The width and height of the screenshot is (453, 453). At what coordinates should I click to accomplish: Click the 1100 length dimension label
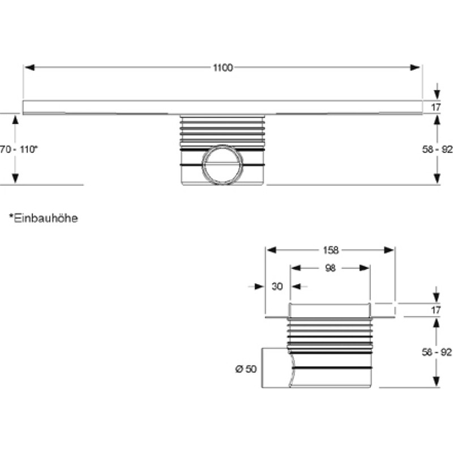(223, 67)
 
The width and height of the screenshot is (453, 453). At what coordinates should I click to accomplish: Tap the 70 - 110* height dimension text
(19, 149)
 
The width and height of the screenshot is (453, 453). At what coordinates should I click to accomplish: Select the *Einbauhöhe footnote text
(44, 218)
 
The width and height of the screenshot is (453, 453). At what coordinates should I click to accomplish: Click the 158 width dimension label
(331, 250)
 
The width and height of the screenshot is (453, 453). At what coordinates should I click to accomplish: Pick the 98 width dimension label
(330, 268)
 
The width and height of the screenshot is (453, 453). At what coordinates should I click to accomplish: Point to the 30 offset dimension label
(277, 287)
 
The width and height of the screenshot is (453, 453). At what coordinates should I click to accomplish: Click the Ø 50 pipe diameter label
(246, 369)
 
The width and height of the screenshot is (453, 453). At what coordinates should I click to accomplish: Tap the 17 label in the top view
(436, 107)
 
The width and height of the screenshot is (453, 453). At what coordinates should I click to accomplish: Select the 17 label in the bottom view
(436, 310)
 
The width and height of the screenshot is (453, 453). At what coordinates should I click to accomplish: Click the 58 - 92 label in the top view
(437, 149)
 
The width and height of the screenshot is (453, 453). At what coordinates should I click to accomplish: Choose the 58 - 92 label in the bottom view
(437, 352)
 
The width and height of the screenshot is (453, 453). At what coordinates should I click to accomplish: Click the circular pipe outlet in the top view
(223, 164)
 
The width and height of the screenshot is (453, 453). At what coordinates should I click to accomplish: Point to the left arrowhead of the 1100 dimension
(30, 67)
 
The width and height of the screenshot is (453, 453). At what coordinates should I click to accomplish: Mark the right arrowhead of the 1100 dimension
(415, 67)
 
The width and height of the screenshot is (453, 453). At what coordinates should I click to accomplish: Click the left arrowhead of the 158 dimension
(272, 250)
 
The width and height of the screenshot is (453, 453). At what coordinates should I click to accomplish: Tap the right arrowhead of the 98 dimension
(364, 268)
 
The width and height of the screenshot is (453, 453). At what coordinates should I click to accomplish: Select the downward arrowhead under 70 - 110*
(15, 178)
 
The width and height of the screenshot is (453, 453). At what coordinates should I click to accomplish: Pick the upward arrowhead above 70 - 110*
(15, 119)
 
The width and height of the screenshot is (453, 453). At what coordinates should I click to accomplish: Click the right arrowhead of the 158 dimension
(389, 250)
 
